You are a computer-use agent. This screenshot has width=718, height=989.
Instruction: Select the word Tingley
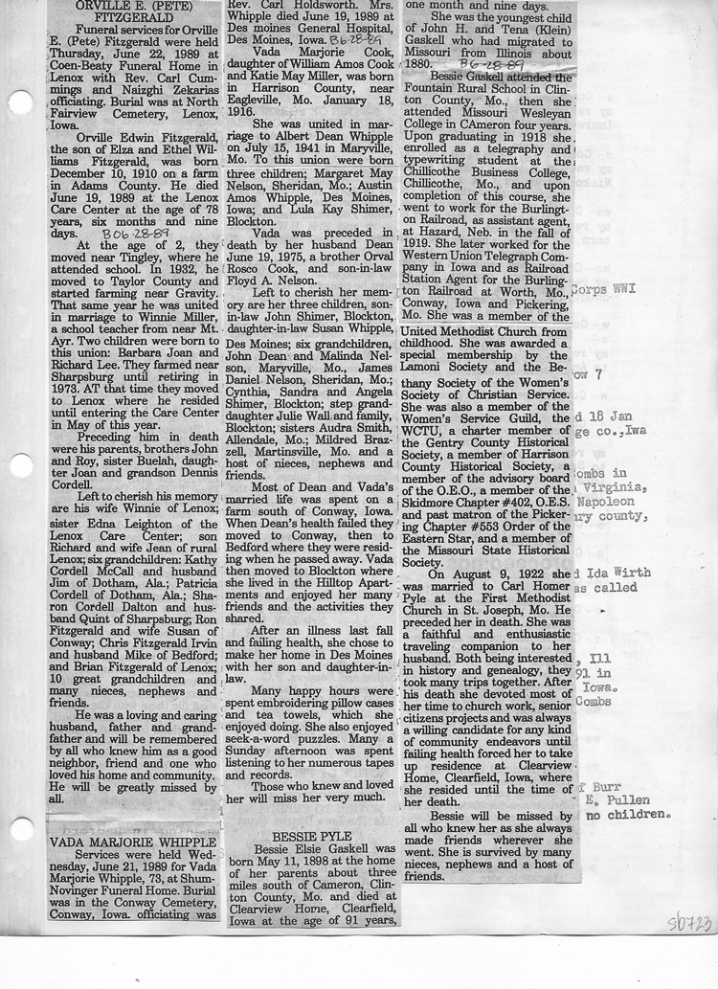pos(137,258)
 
